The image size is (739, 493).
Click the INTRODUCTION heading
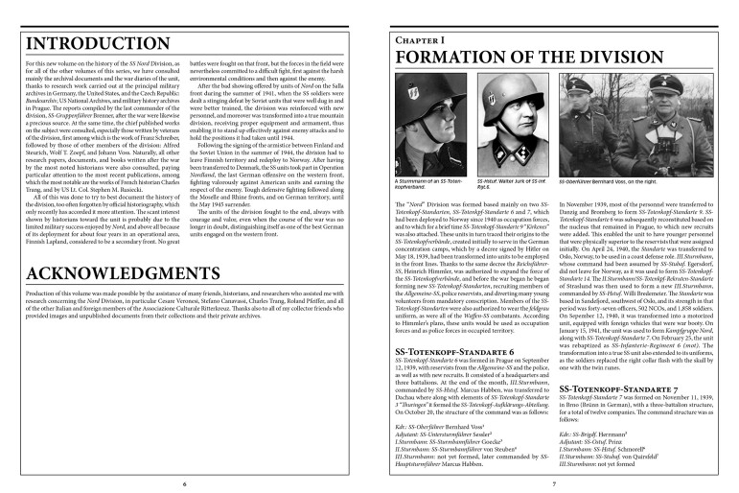click(91, 44)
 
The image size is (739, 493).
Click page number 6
click(184, 483)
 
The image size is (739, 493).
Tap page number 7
click(553, 483)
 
